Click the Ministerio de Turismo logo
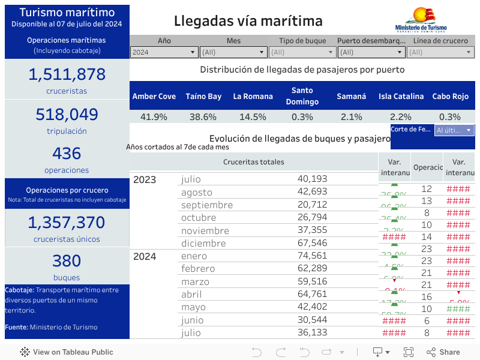[421, 20]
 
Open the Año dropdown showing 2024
[164, 52]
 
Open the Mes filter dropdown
[233, 52]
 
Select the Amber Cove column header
[154, 96]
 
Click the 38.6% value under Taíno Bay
[203, 117]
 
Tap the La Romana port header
[253, 96]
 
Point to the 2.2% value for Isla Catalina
[401, 117]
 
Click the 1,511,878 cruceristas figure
[67, 74]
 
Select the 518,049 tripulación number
[67, 115]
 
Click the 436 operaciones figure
[67, 154]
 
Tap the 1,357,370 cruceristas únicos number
[67, 223]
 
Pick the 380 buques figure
[67, 261]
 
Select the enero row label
[194, 256]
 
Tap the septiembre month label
[207, 205]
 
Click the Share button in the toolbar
[443, 352]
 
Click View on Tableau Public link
[67, 352]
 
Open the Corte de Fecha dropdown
[454, 130]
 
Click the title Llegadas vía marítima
[248, 21]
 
